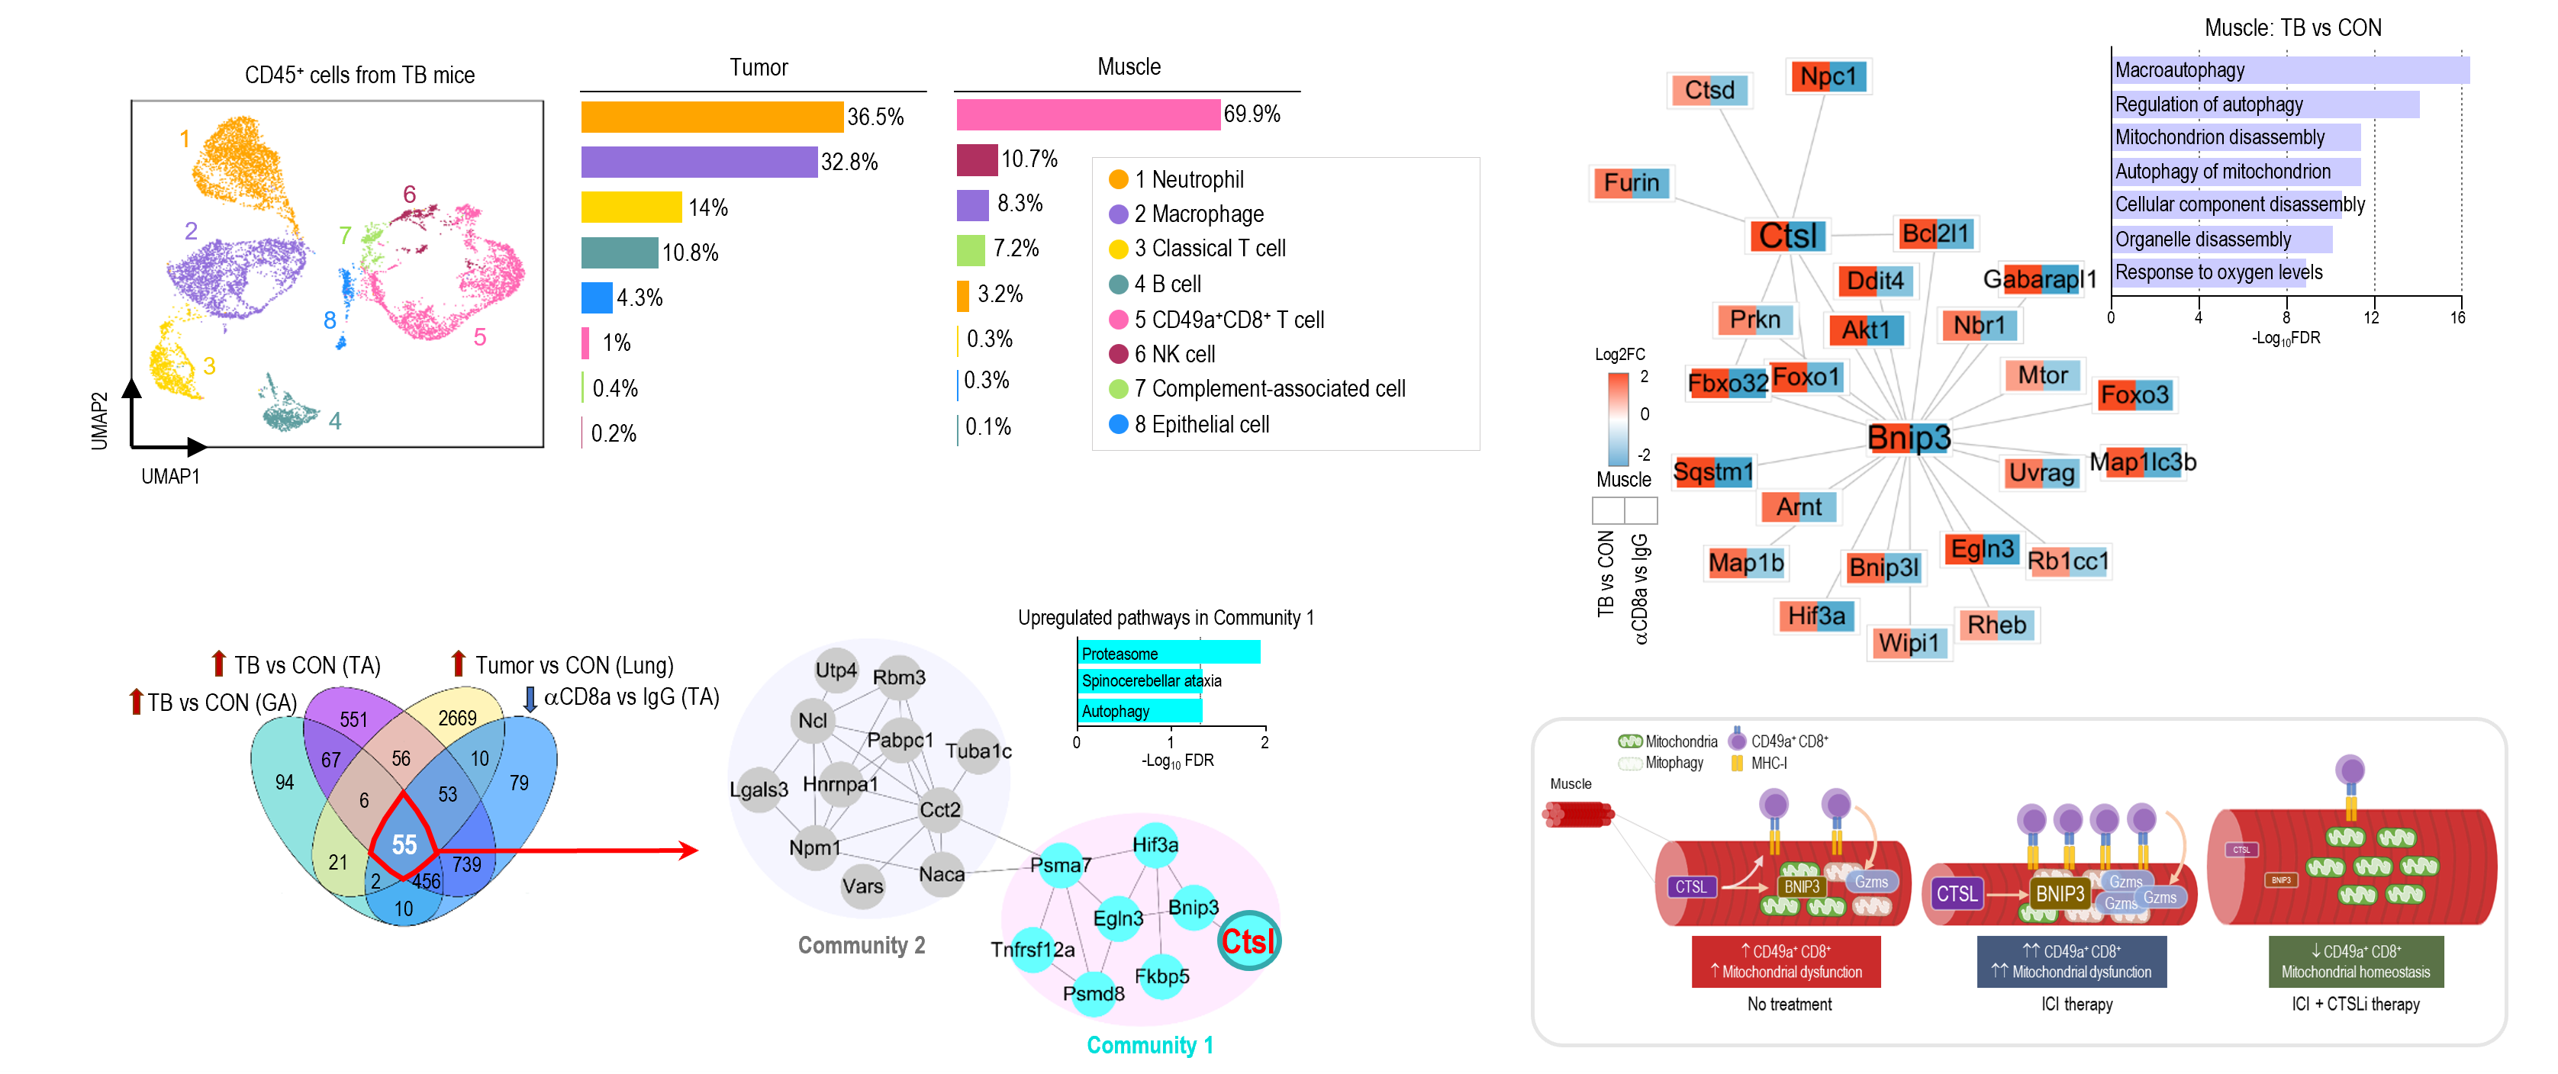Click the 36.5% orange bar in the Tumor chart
tap(711, 117)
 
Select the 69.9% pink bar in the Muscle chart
tap(1087, 115)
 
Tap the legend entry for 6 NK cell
tap(1174, 355)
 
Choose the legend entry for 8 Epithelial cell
tap(1200, 425)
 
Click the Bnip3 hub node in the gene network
tap(1908, 438)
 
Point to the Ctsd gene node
tap(1709, 90)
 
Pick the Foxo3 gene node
tap(2133, 395)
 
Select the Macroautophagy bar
tap(2289, 70)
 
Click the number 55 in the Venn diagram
tap(404, 844)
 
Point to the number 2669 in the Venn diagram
tap(457, 718)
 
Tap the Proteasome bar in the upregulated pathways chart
tap(1168, 653)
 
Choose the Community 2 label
tap(861, 946)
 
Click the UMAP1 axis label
tap(170, 477)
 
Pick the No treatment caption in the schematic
tap(1790, 1005)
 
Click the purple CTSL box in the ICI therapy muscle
tap(1956, 893)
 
